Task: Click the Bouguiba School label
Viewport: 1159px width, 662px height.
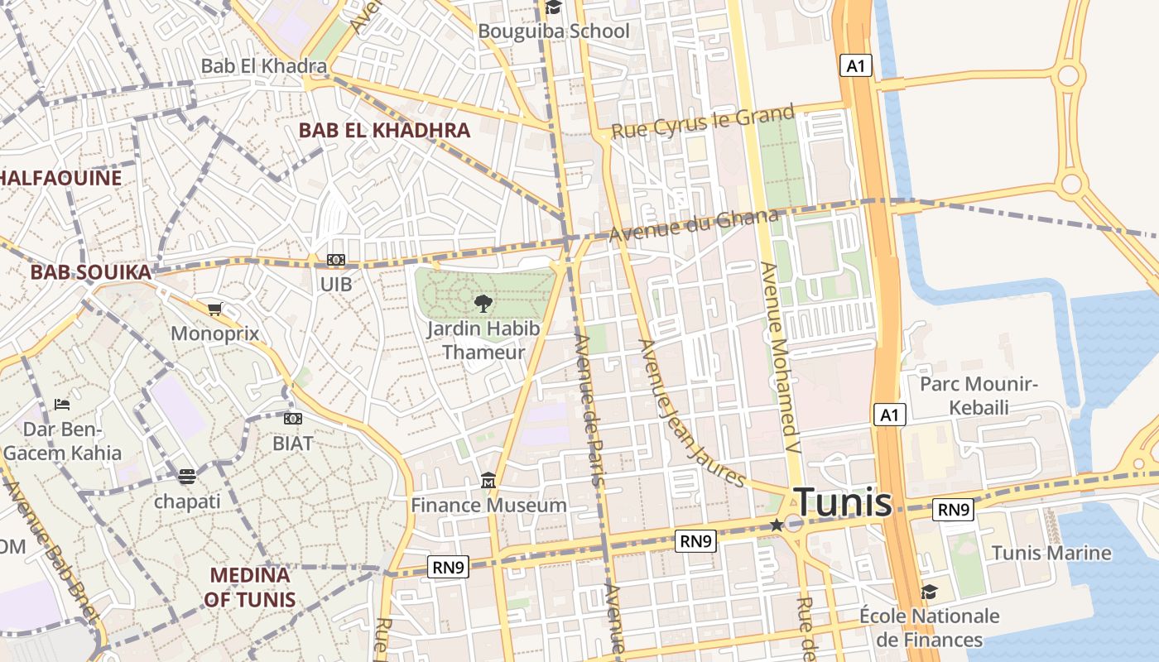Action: point(554,31)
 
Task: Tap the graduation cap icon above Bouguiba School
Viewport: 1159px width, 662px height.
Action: point(553,8)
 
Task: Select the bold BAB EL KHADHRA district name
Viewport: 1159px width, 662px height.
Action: point(384,130)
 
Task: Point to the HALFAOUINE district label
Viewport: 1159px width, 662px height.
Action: point(60,178)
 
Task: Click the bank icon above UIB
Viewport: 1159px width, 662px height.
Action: point(335,260)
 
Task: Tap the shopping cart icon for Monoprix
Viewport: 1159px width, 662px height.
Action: point(215,309)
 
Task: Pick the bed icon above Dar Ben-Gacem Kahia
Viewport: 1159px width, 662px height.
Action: point(61,405)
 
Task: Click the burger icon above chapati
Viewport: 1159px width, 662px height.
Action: point(187,477)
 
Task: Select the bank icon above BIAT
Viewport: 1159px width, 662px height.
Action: point(293,419)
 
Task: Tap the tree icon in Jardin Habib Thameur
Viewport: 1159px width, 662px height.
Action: point(483,304)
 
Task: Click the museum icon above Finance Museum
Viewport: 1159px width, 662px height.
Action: point(488,481)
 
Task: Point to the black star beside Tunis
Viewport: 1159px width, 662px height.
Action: point(777,525)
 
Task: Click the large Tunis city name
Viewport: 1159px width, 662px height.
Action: point(843,502)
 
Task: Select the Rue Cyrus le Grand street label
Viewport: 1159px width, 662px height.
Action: point(703,122)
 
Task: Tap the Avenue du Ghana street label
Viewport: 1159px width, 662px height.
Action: point(694,226)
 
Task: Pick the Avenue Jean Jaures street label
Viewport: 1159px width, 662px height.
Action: point(691,413)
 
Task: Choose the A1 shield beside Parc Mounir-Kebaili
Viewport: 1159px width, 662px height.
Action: point(889,415)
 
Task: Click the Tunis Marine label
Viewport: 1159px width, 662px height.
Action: point(1051,553)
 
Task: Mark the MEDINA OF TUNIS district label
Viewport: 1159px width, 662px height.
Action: point(250,587)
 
